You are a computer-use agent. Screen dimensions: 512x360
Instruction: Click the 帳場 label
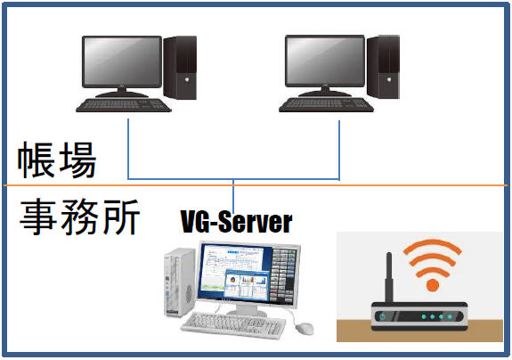[57, 160]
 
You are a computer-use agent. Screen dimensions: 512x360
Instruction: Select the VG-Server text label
[236, 222]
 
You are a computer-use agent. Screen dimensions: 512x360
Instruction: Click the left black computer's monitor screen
[122, 61]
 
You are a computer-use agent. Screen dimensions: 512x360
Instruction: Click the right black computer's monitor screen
[325, 61]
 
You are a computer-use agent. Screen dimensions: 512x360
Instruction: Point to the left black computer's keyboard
[124, 105]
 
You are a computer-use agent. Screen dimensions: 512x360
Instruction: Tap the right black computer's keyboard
[327, 105]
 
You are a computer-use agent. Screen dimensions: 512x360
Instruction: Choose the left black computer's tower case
[180, 68]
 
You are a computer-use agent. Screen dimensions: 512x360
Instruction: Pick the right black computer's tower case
[384, 67]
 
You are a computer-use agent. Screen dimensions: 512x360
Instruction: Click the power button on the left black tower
[187, 79]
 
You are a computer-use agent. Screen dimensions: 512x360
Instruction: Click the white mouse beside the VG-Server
[305, 328]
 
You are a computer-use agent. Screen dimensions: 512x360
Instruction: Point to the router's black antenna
[388, 278]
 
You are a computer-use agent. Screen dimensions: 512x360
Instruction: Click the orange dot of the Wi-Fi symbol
[433, 285]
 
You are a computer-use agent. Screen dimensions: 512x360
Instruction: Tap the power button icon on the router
[382, 316]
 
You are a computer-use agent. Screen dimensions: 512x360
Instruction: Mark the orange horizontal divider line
[256, 185]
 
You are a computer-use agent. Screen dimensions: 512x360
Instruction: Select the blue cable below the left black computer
[128, 149]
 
